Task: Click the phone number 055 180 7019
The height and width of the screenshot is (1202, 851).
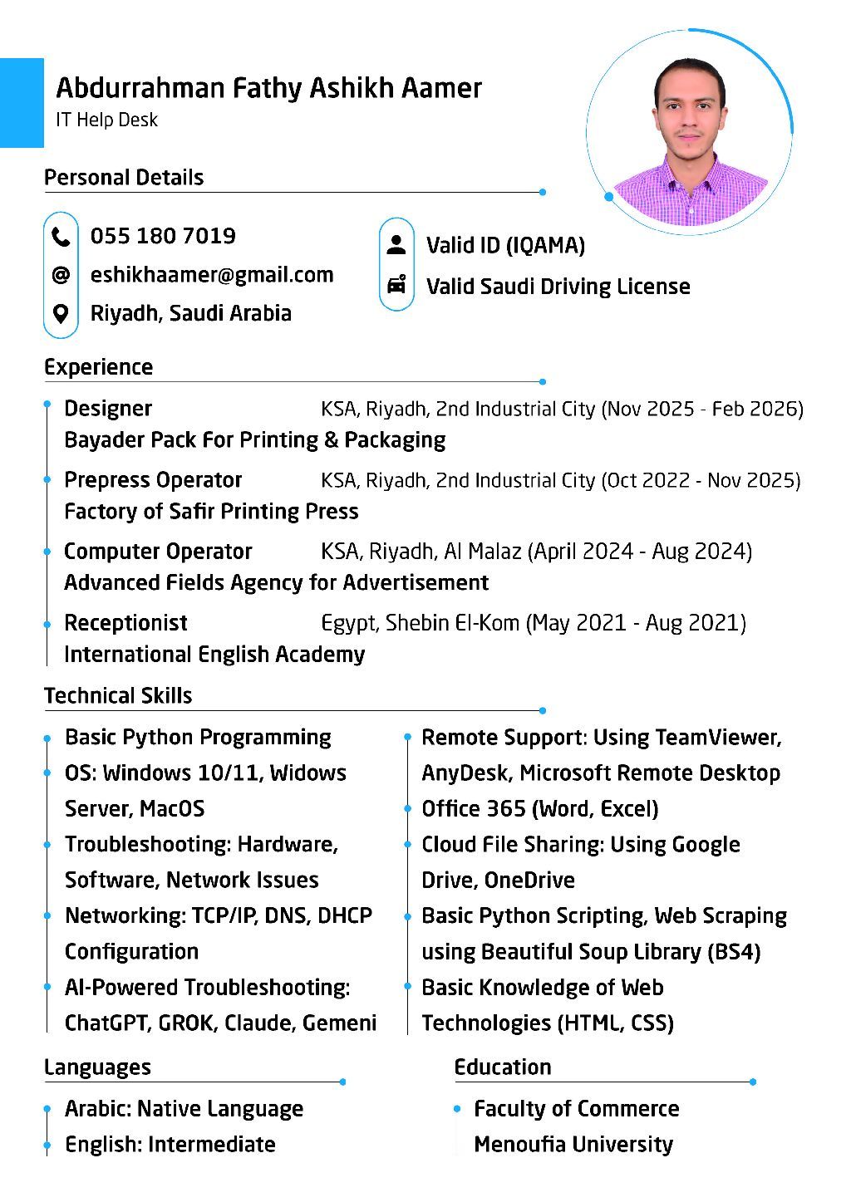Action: click(163, 236)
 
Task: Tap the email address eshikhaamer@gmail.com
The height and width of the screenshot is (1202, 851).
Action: click(212, 275)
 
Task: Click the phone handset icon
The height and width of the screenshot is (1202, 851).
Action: click(61, 238)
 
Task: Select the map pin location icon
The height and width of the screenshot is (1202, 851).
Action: click(61, 314)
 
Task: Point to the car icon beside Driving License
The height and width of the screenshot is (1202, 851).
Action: click(397, 285)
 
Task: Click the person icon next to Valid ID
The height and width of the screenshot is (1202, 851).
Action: click(397, 244)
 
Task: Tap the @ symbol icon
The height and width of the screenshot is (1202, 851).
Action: click(61, 275)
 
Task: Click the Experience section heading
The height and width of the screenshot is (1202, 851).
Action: click(98, 367)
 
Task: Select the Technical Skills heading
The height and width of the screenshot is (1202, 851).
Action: click(118, 695)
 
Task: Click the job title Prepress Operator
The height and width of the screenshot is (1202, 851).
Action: click(153, 480)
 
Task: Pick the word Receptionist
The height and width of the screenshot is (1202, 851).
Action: click(125, 623)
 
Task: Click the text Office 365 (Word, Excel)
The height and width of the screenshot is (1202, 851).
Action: click(540, 809)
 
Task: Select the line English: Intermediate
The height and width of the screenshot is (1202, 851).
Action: click(170, 1144)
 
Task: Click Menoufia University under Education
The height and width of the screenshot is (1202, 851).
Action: click(573, 1144)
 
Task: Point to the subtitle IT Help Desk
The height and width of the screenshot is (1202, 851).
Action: click(106, 120)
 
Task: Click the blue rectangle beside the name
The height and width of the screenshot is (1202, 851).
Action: click(22, 102)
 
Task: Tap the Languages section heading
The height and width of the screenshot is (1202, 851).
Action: click(97, 1067)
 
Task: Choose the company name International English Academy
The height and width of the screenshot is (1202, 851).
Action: click(214, 655)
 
